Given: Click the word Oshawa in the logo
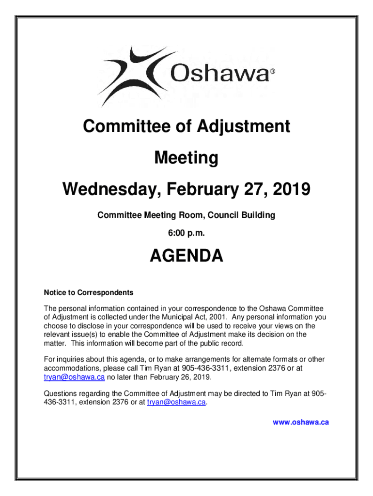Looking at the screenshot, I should [x=220, y=74].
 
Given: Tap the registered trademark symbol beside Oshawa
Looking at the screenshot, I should [x=272, y=72].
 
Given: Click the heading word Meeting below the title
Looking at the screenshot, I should [x=186, y=158].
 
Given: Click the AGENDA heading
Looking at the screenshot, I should [x=186, y=256].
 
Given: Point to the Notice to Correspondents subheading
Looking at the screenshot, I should [x=89, y=293].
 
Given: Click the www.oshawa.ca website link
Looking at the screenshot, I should [x=301, y=422].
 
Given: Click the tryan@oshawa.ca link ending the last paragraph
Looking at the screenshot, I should [x=176, y=402].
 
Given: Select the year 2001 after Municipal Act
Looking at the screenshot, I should [x=216, y=317].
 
